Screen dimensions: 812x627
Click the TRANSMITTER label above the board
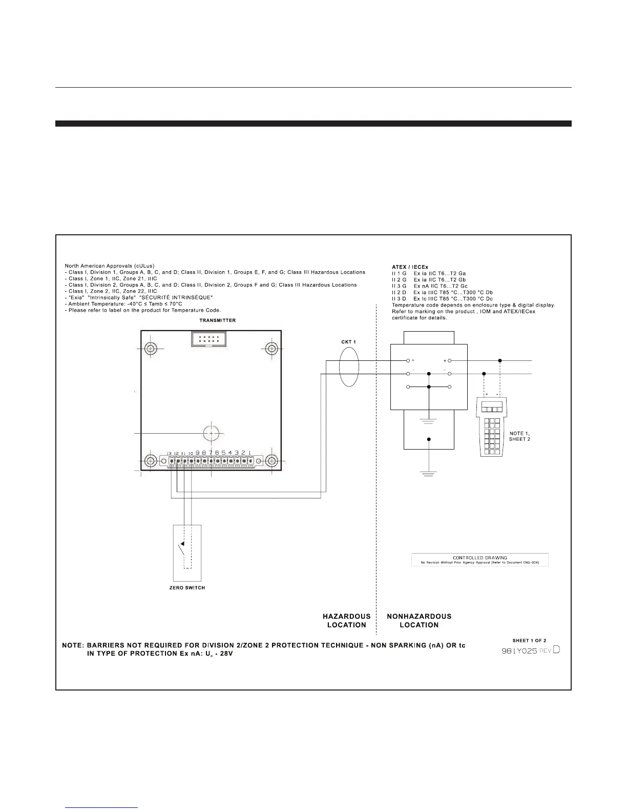click(x=217, y=320)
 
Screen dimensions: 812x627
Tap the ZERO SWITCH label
click(x=187, y=587)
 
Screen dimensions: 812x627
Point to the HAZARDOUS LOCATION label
click(x=346, y=620)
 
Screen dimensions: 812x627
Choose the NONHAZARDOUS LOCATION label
click(x=419, y=620)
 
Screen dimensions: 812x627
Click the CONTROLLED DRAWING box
click(x=479, y=559)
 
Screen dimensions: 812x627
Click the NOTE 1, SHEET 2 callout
click(x=519, y=436)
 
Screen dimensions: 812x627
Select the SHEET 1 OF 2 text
click(x=529, y=640)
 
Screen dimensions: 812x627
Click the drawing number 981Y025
click(x=519, y=650)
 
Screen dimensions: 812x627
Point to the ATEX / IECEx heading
click(x=410, y=267)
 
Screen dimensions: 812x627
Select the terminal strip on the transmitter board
click(x=210, y=461)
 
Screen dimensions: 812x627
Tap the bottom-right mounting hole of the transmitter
click(x=271, y=461)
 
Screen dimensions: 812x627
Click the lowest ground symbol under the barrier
click(x=429, y=472)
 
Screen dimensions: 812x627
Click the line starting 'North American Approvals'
click(x=110, y=266)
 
